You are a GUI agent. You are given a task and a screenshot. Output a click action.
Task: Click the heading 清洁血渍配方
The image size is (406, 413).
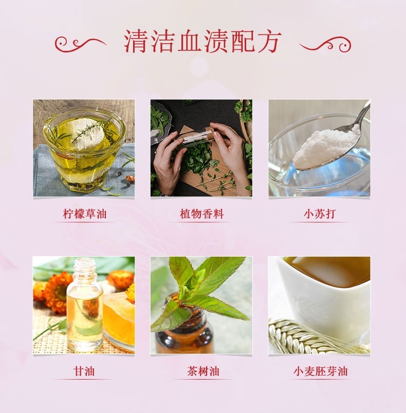[203, 42]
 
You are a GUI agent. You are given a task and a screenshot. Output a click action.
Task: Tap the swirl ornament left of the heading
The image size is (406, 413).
[80, 43]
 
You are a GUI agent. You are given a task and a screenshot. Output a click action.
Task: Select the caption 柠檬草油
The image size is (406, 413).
[84, 214]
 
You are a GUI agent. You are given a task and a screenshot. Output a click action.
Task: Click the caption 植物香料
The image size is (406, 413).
[202, 214]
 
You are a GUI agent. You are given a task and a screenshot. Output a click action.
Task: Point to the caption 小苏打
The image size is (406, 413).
[319, 214]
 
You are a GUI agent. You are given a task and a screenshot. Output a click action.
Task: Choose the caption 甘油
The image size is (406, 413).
[84, 371]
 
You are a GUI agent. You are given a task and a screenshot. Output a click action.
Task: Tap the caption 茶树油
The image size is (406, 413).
[202, 371]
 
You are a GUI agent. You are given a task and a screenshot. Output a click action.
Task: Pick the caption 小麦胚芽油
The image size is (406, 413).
[319, 371]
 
